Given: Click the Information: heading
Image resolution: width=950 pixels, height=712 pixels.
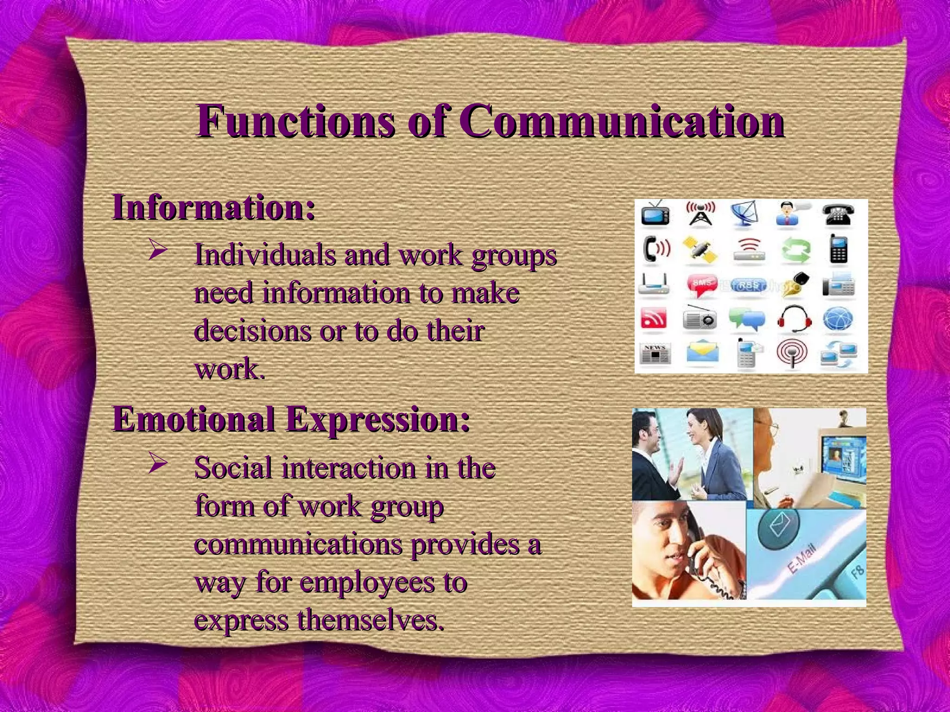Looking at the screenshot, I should point(214,208).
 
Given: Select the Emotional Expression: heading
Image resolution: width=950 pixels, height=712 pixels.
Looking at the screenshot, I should point(291,419).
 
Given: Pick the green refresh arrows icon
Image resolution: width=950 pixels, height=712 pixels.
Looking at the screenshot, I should point(795,249).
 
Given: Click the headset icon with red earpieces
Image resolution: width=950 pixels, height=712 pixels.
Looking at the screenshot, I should point(794,319).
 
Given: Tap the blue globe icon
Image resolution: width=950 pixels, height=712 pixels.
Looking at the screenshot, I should point(838,320).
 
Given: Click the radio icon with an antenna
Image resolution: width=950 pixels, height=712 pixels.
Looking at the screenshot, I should point(700,319).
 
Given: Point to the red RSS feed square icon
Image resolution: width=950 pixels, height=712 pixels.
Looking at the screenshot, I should point(654,319).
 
